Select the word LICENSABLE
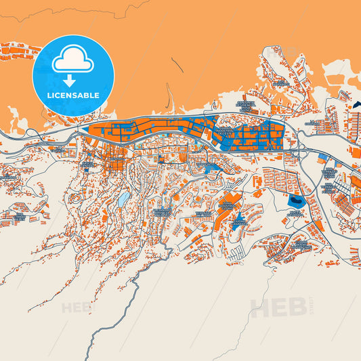[73, 95]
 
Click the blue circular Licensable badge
[73, 75]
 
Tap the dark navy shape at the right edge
[357, 105]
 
